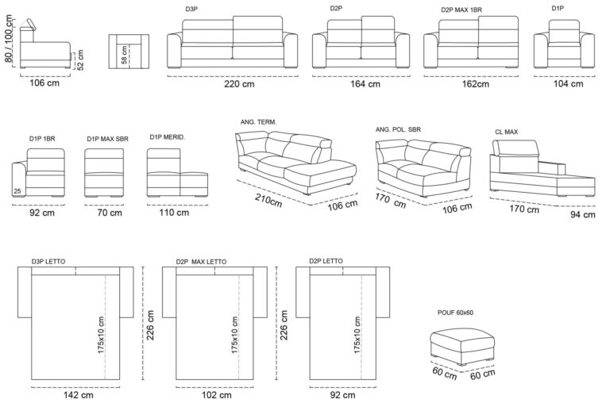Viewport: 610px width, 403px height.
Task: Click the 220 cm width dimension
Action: pyautogui.click(x=239, y=84)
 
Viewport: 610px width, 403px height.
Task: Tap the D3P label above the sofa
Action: pyautogui.click(x=191, y=9)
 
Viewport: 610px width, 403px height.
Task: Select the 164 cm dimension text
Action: pyautogui.click(x=365, y=84)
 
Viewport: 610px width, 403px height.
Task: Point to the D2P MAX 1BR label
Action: pyautogui.click(x=461, y=10)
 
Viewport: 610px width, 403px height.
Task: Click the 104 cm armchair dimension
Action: pyautogui.click(x=568, y=83)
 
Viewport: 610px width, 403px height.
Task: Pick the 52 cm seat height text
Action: pyautogui.click(x=80, y=59)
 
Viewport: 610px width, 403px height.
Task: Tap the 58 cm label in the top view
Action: pyautogui.click(x=124, y=55)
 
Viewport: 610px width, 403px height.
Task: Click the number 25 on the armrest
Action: pyautogui.click(x=17, y=191)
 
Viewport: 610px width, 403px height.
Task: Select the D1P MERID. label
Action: pyautogui.click(x=168, y=137)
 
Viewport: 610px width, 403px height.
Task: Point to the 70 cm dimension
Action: pyautogui.click(x=110, y=213)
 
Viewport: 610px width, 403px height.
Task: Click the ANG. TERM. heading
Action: pyautogui.click(x=258, y=122)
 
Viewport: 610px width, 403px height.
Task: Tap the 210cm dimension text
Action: pyautogui.click(x=268, y=200)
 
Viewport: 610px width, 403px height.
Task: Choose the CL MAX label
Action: pyautogui.click(x=506, y=132)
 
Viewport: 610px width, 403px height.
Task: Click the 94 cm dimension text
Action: pyautogui.click(x=582, y=214)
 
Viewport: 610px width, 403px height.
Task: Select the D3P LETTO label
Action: pyautogui.click(x=48, y=262)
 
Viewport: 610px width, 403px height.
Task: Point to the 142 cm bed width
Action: pyautogui.click(x=78, y=395)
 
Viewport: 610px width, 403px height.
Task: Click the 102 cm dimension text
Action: pyautogui.click(x=216, y=395)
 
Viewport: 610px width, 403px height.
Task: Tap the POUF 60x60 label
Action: pyautogui.click(x=455, y=313)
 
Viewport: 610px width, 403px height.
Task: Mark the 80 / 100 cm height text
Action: pyautogui.click(x=9, y=39)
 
